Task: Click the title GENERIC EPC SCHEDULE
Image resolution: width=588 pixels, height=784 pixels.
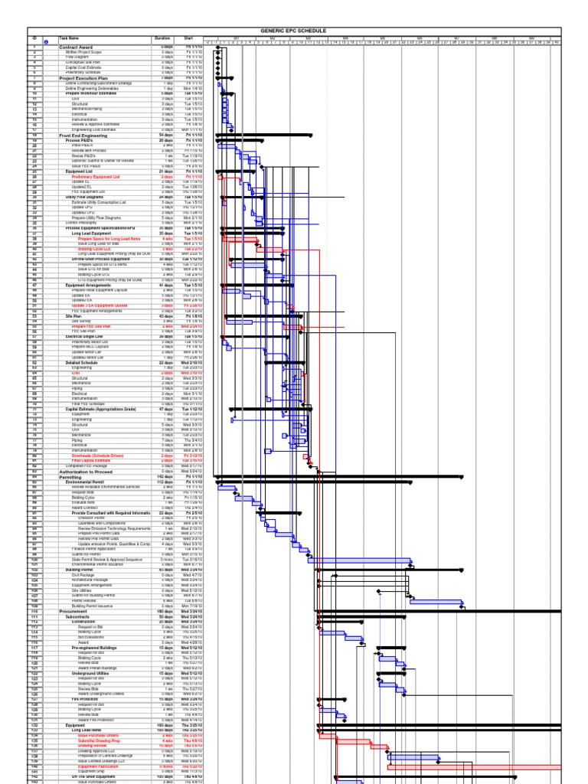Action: (x=293, y=31)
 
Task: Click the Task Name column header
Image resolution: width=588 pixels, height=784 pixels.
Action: (x=69, y=38)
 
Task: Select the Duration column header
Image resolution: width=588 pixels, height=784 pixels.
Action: (x=162, y=38)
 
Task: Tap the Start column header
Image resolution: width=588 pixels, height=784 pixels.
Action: (x=188, y=38)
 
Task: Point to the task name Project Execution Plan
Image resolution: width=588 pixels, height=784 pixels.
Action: (x=82, y=78)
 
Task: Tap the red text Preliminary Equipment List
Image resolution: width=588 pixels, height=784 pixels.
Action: (x=96, y=177)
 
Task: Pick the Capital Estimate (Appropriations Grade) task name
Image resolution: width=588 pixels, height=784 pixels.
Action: (x=100, y=410)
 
